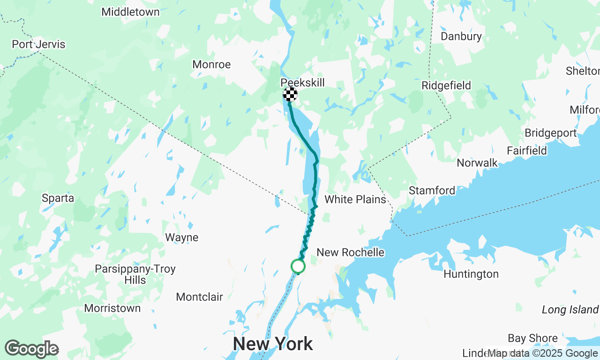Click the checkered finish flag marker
pyautogui.click(x=290, y=94)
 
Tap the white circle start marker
pyautogui.click(x=298, y=266)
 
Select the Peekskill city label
pyautogui.click(x=302, y=82)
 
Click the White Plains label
pyautogui.click(x=355, y=199)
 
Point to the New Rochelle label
pyautogui.click(x=350, y=252)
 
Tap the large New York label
pyautogui.click(x=273, y=344)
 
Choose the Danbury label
pyautogui.click(x=461, y=36)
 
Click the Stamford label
pyautogui.click(x=432, y=190)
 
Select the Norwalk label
pyautogui.click(x=477, y=163)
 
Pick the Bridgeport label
pyautogui.click(x=550, y=133)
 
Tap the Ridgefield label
pyautogui.click(x=446, y=85)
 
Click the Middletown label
pyautogui.click(x=130, y=12)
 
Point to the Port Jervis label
pyautogui.click(x=38, y=45)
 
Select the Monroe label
pyautogui.click(x=211, y=64)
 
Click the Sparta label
pyautogui.click(x=58, y=198)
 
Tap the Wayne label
pyautogui.click(x=181, y=237)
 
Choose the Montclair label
pyautogui.click(x=199, y=296)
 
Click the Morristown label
pyautogui.click(x=112, y=308)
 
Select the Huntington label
pyautogui.click(x=471, y=274)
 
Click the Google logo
pyautogui.click(x=31, y=349)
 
